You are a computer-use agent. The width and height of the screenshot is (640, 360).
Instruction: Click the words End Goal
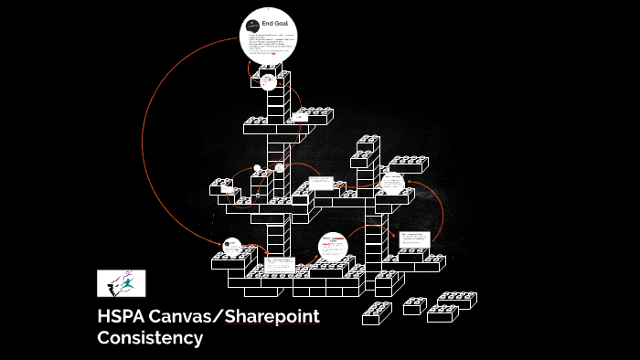pos(275,22)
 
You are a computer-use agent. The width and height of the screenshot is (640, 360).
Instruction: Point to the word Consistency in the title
pos(150,338)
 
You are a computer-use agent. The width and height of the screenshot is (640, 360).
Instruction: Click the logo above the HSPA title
pos(122,283)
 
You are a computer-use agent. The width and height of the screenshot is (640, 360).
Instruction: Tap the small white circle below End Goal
pos(269,81)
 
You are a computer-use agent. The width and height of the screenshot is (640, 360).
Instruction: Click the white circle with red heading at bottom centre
pos(333,248)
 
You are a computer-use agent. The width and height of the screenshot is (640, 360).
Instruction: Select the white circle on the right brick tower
pos(392,185)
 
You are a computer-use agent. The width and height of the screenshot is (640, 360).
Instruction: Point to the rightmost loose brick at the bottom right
pos(456,300)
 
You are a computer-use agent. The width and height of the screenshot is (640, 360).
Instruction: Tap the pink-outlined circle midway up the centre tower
pos(279,168)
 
